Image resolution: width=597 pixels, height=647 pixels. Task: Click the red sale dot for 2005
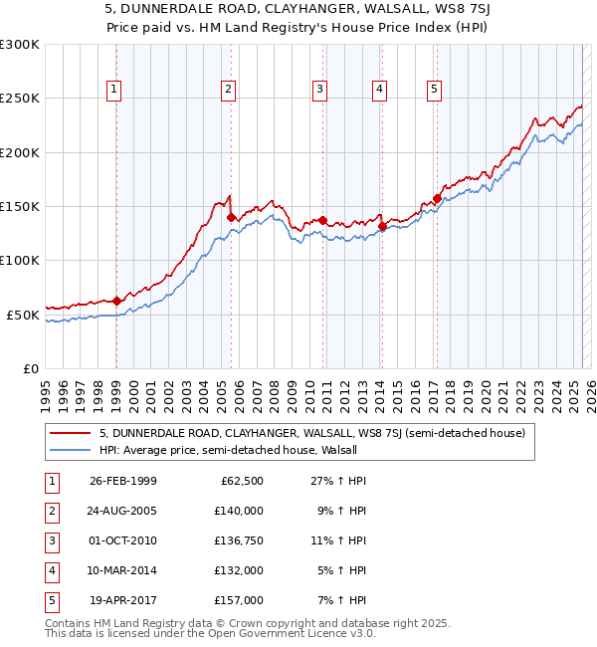(231, 217)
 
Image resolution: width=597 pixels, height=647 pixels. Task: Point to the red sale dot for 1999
(116, 301)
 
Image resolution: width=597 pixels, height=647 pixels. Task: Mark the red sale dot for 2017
(436, 199)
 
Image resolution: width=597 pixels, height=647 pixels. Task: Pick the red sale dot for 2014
(382, 226)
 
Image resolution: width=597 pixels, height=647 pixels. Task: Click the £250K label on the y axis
(20, 99)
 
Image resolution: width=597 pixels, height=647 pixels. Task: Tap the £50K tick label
(23, 315)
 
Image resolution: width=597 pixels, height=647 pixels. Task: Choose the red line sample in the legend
(70, 433)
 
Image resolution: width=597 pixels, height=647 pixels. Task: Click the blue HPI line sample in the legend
(70, 450)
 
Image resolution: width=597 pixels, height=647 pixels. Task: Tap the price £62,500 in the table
(240, 481)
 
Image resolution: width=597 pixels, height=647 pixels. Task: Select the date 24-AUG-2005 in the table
(122, 511)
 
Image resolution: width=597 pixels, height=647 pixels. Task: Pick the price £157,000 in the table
(239, 600)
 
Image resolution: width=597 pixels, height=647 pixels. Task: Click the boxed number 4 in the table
(51, 570)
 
